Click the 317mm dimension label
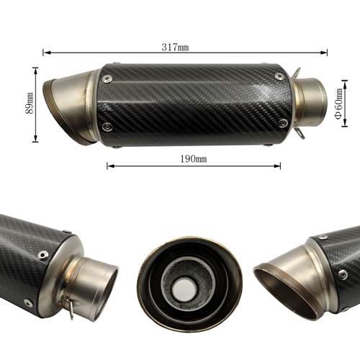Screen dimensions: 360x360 click(x=175, y=47)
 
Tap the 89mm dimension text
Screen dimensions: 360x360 click(x=30, y=103)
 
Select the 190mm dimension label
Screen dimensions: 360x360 click(x=194, y=159)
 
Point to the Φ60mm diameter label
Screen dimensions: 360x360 click(x=338, y=104)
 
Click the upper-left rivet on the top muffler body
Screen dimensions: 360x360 click(x=107, y=78)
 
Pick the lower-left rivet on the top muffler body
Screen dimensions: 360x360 click(x=107, y=127)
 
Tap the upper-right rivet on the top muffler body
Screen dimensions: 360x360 click(x=279, y=76)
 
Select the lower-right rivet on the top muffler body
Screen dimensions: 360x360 click(x=284, y=123)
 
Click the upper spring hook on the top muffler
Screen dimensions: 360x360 click(x=297, y=73)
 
